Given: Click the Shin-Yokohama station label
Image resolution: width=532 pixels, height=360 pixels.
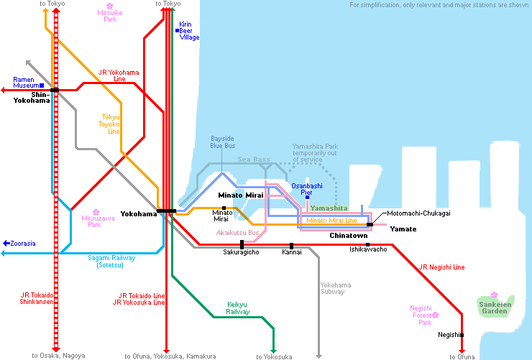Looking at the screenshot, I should coord(32,97).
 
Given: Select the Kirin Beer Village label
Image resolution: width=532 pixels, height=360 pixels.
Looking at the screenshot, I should coord(189,31).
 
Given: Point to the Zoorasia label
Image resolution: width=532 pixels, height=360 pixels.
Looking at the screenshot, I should coord(22,244).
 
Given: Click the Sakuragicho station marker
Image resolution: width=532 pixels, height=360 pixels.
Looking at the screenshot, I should coord(242,245).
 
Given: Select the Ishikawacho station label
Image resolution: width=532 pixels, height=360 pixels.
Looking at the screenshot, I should coord(368,249).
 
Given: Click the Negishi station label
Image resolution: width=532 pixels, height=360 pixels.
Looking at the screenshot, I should coord(449,335).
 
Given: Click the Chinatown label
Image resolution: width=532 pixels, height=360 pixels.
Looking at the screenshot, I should coord(348,236).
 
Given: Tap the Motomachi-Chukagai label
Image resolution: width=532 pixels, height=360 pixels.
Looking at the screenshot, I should coord(419,213).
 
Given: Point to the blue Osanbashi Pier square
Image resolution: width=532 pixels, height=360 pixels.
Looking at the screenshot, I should coord(307,197).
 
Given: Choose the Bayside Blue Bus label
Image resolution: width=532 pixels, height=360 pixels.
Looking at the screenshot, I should coord(222,142).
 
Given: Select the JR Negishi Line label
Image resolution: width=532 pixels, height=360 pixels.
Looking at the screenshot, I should coord(441,267).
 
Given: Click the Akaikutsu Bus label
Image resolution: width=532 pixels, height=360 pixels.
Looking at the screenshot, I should coord(237,232).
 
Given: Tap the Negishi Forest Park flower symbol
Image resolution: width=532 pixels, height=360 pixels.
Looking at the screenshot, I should coord(436,315).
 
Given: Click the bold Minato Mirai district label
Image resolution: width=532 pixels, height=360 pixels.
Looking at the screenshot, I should coord(241,195).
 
